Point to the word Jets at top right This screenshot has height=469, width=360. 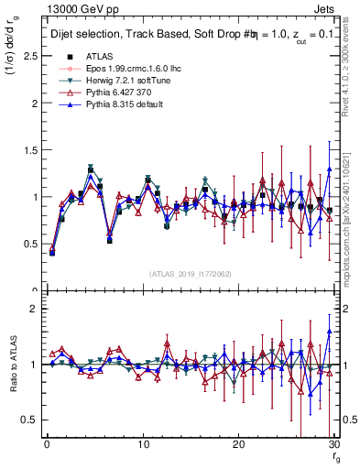326,8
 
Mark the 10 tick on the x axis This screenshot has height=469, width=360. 143,444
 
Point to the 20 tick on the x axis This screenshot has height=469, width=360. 238,444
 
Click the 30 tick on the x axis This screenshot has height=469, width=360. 333,444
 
